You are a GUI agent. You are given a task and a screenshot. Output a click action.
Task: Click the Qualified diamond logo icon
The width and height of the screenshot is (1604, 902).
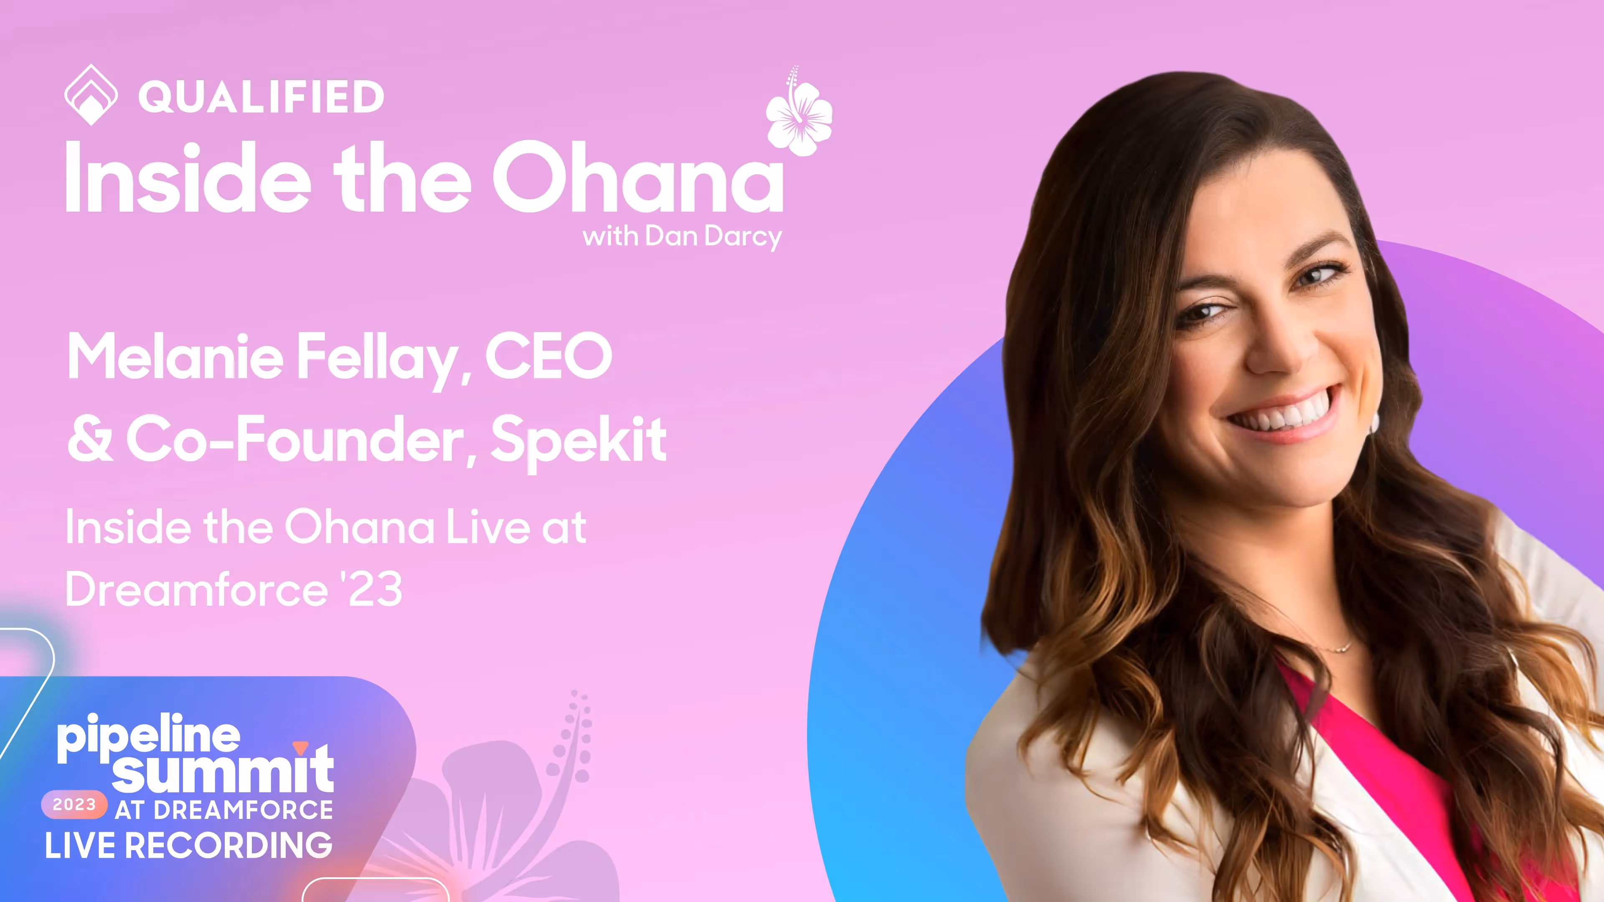[91, 95]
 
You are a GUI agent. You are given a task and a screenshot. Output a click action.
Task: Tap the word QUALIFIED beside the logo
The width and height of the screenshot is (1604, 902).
[261, 97]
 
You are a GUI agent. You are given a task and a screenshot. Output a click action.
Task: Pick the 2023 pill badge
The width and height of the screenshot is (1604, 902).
[74, 804]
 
